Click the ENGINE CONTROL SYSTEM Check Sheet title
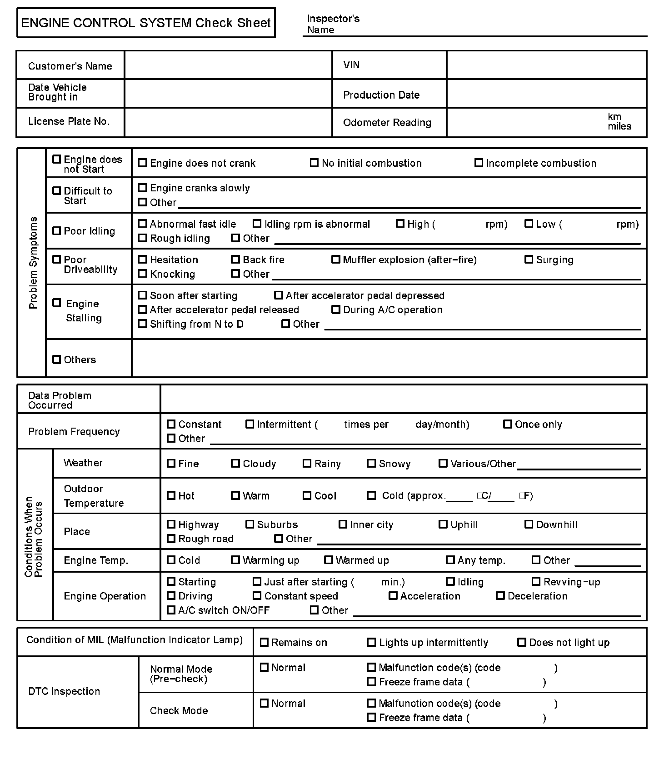pyautogui.click(x=146, y=23)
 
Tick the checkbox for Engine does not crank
pyautogui.click(x=143, y=163)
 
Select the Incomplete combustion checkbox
pyautogui.click(x=479, y=163)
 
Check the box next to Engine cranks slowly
pyautogui.click(x=143, y=188)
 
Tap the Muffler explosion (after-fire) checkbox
pyautogui.click(x=336, y=260)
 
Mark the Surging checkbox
pyautogui.click(x=529, y=260)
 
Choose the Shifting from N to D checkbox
pyautogui.click(x=143, y=324)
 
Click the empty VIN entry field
pyautogui.click(x=546, y=65)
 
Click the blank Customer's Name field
pyautogui.click(x=228, y=65)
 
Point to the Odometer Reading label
pyautogui.click(x=387, y=123)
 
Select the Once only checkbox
pyautogui.click(x=508, y=424)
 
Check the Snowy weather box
pyautogui.click(x=372, y=464)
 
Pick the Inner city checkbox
pyautogui.click(x=343, y=524)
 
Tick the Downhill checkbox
pyautogui.click(x=529, y=524)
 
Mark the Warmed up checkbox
pyautogui.click(x=329, y=560)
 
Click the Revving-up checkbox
pyautogui.click(x=536, y=582)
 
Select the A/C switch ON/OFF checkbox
pyautogui.click(x=171, y=610)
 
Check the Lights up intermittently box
pyautogui.click(x=372, y=642)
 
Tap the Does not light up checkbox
pyautogui.click(x=522, y=642)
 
